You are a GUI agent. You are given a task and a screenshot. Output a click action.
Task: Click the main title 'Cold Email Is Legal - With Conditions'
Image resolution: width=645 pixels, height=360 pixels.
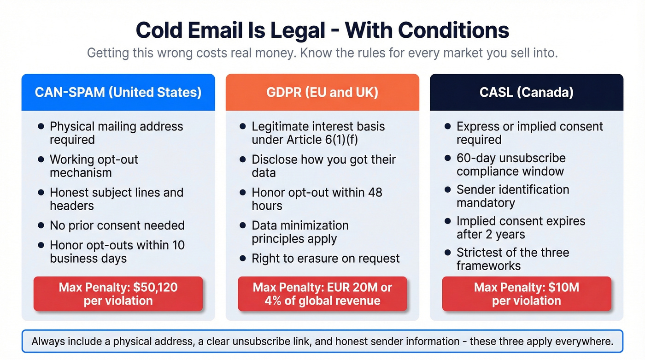click(x=322, y=30)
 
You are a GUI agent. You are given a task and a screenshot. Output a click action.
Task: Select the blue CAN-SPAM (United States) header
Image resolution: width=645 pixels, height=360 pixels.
click(x=118, y=92)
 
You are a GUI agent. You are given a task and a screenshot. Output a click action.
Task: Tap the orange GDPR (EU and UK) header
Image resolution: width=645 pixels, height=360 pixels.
click(x=322, y=92)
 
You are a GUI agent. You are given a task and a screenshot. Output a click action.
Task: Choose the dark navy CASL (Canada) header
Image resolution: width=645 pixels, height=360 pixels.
click(x=526, y=92)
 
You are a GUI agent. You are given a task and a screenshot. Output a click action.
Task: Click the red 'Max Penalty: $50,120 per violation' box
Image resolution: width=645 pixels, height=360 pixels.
click(x=118, y=294)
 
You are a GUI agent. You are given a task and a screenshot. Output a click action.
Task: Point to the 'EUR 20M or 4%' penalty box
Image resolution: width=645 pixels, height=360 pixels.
click(x=322, y=294)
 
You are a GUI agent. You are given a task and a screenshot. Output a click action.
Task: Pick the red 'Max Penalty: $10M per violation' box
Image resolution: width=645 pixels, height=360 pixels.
click(x=526, y=294)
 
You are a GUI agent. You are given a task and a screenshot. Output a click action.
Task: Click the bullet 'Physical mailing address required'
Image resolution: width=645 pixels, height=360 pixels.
click(x=116, y=133)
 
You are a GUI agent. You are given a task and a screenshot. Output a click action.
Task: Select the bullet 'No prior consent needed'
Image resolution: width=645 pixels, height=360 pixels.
click(x=117, y=225)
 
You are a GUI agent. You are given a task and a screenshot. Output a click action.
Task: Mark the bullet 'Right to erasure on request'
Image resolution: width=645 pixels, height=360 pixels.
click(x=325, y=259)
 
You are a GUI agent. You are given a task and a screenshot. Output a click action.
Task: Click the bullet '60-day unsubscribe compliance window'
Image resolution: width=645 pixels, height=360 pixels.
click(x=510, y=165)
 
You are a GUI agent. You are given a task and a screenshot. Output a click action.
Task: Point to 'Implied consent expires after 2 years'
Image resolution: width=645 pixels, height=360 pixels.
click(x=521, y=228)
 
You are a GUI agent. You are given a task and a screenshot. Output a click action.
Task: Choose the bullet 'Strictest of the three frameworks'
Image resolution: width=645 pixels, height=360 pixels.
click(x=512, y=259)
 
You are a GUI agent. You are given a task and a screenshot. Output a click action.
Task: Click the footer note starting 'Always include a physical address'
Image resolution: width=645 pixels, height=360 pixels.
click(x=322, y=342)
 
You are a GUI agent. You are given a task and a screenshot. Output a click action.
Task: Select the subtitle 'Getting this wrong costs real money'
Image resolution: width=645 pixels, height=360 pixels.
click(x=322, y=53)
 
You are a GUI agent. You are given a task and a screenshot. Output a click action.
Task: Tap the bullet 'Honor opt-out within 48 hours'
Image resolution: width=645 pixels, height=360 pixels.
click(x=317, y=199)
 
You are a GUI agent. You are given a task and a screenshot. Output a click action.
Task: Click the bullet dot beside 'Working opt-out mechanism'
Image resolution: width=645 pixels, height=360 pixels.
click(x=41, y=159)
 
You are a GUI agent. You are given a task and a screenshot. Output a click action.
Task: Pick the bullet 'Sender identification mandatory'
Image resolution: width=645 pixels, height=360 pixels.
click(x=512, y=196)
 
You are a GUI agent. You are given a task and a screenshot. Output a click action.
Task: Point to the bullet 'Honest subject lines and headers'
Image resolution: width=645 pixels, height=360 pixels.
click(x=116, y=199)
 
